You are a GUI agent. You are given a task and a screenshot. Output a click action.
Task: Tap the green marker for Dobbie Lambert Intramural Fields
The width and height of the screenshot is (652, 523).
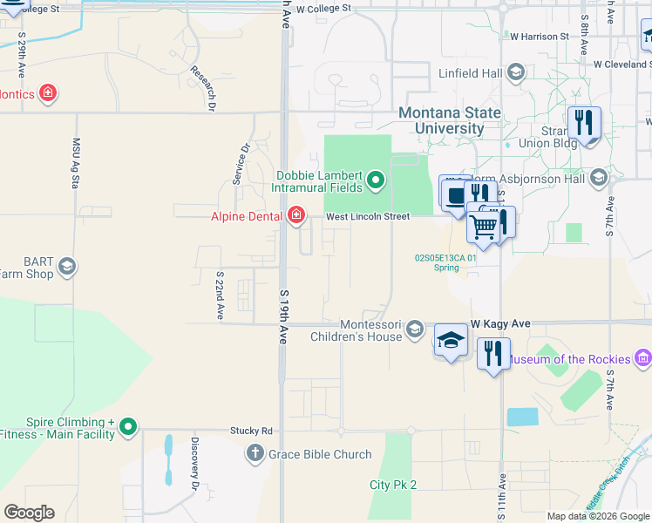coord(376,181)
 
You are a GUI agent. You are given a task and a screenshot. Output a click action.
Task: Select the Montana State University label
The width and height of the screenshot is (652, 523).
coord(450,121)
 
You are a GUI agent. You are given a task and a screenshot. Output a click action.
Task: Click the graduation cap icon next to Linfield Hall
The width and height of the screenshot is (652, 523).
coord(516,71)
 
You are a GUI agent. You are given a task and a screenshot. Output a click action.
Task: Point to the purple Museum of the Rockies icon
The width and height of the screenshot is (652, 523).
coord(643,358)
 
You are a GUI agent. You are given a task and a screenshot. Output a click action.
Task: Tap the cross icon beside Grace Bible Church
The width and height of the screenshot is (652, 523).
coord(255,453)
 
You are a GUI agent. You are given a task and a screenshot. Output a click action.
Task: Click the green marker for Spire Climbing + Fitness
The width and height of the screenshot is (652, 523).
coord(129,427)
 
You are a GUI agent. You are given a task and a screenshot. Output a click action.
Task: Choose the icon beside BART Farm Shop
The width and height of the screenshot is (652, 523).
coord(67,266)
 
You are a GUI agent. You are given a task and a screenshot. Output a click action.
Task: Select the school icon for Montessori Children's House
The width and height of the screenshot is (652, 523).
coord(416,329)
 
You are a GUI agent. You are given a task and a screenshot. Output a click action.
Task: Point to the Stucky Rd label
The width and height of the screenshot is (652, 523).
coord(251,431)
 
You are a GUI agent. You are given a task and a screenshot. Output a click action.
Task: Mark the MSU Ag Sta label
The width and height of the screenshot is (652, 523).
coord(76,163)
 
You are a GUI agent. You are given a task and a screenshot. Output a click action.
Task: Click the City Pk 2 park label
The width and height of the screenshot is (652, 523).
coord(393,485)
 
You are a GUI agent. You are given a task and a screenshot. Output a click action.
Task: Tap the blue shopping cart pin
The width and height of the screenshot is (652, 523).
coord(484,226)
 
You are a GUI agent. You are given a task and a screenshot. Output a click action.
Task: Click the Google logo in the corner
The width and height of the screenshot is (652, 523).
coord(29,513)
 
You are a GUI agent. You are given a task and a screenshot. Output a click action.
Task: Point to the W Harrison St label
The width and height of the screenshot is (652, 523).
coord(539,37)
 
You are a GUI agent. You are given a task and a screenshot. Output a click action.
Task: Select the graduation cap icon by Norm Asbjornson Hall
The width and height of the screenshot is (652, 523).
coord(598,179)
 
